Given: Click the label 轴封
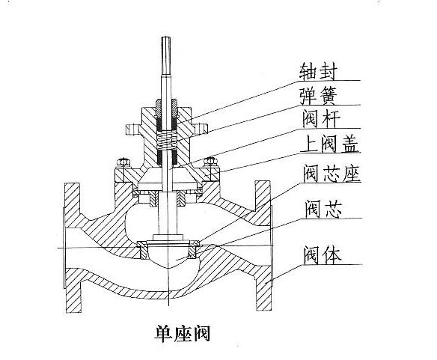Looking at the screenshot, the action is (x=318, y=70).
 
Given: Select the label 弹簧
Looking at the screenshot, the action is (x=318, y=96).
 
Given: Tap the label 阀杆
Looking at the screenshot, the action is (x=321, y=119).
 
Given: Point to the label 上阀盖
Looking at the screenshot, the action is (x=331, y=144).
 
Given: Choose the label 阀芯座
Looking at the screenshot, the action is (x=332, y=174).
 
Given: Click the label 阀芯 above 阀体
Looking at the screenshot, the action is (x=323, y=209).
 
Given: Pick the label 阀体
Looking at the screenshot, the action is (x=323, y=255).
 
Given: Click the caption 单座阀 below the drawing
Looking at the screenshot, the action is (x=182, y=333).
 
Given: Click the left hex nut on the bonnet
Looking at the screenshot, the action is (x=123, y=162).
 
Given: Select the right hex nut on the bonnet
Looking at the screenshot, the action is (x=210, y=162).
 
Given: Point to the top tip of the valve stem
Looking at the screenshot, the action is (x=166, y=37).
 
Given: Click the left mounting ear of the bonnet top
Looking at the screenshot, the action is (x=132, y=129).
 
